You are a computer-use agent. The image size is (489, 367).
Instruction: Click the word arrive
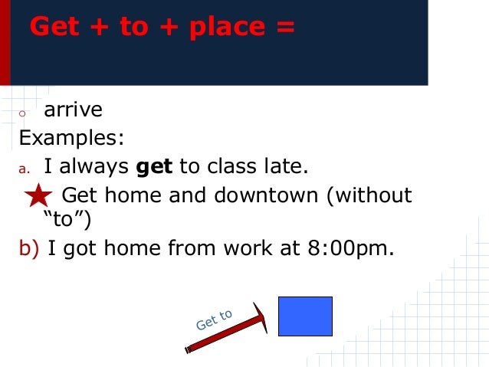click(73, 110)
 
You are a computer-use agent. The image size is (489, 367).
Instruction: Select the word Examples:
click(71, 139)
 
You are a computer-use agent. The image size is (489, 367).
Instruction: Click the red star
click(38, 197)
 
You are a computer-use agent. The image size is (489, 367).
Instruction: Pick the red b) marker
click(29, 248)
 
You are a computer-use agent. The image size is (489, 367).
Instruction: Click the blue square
click(305, 316)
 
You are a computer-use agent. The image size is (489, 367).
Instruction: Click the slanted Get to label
click(214, 319)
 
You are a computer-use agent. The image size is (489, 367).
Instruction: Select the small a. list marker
click(24, 168)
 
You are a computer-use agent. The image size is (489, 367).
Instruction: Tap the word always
click(94, 166)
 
